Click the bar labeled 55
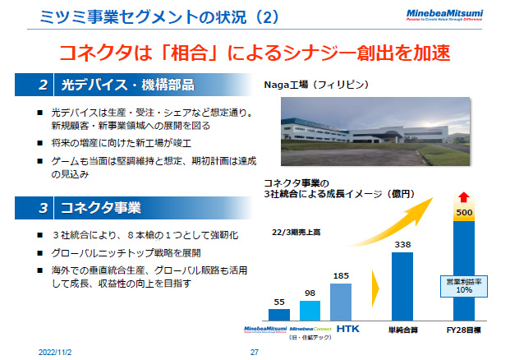click(280, 314)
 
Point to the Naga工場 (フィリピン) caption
click(314, 85)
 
